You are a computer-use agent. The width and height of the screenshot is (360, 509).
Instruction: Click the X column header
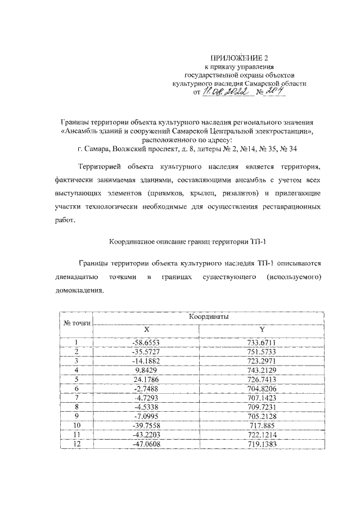pyautogui.click(x=146, y=329)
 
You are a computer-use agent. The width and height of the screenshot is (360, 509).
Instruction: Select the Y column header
pyautogui.click(x=260, y=329)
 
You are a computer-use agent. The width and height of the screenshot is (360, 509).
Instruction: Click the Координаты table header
pyautogui.click(x=208, y=317)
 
